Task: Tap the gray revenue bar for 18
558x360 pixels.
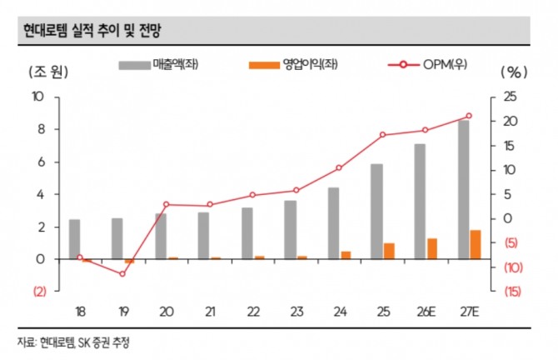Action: pyautogui.click(x=75, y=239)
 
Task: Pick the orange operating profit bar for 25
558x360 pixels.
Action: pyautogui.click(x=388, y=251)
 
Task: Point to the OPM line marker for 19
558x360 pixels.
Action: pyautogui.click(x=122, y=274)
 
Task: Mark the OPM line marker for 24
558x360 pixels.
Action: pyautogui.click(x=339, y=167)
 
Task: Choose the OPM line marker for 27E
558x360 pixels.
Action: pyautogui.click(x=469, y=116)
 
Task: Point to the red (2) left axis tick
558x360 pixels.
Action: pyautogui.click(x=39, y=292)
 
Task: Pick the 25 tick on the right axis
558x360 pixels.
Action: pyautogui.click(x=510, y=97)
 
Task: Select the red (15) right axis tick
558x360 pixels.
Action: pyautogui.click(x=512, y=292)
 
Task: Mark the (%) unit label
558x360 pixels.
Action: pyautogui.click(x=509, y=71)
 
